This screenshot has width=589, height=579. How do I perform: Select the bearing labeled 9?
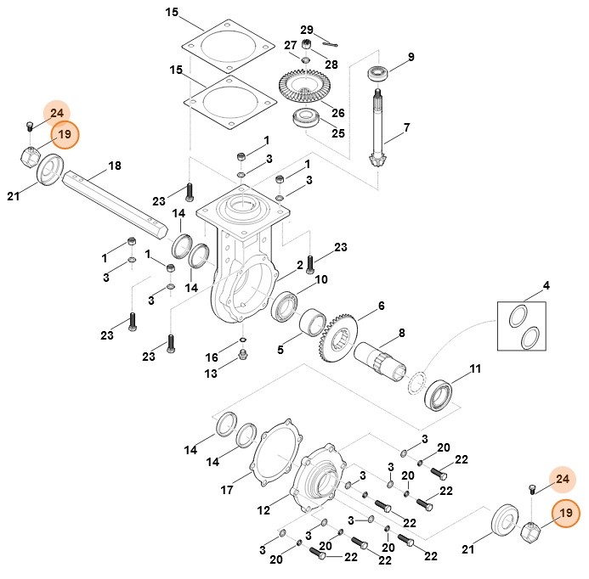coord(377,72)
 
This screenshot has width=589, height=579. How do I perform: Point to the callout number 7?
coord(406,127)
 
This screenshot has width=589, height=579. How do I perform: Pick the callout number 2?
coord(299,265)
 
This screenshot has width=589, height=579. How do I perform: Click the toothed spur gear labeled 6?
coord(343,343)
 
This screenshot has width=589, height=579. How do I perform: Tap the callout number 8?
coord(401,334)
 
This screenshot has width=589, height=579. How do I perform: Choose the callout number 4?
coord(546,285)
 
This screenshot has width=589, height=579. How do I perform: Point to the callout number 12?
coord(263,510)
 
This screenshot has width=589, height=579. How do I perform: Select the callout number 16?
coord(212,358)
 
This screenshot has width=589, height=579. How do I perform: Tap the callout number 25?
coord(338,133)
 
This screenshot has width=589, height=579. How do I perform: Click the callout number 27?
coord(290,45)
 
